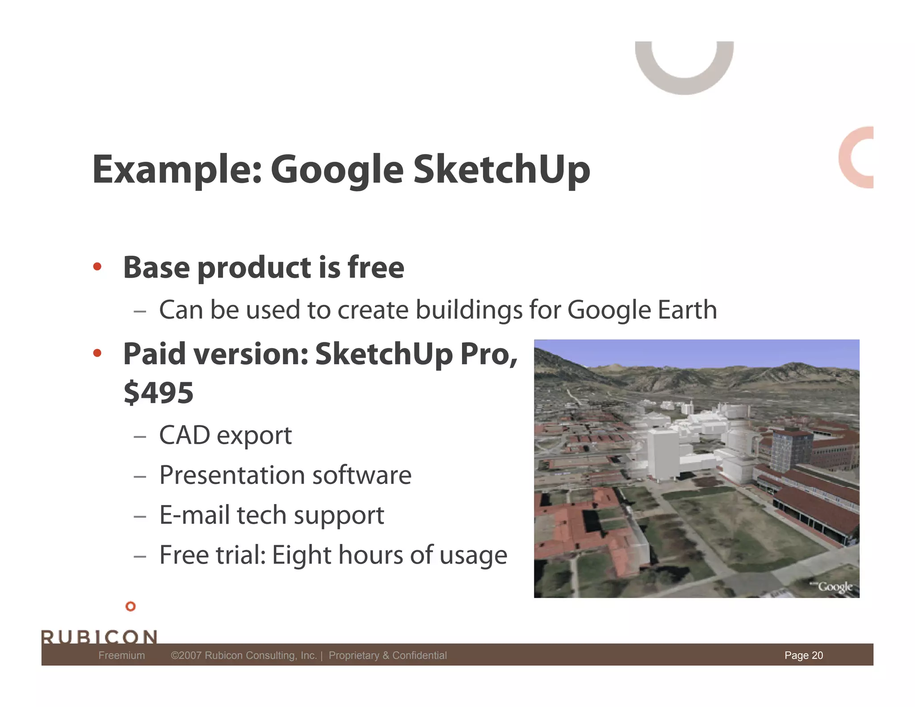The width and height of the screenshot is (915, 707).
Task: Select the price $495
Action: click(159, 393)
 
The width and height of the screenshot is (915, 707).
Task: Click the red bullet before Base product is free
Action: click(97, 267)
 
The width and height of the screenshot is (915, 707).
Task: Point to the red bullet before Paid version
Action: click(97, 353)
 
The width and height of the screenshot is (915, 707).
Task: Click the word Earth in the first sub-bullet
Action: click(687, 310)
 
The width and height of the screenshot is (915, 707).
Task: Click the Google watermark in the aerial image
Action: click(835, 586)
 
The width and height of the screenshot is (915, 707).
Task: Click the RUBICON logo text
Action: click(99, 636)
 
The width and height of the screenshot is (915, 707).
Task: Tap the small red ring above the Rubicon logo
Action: click(130, 606)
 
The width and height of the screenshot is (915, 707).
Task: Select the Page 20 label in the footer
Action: click(803, 655)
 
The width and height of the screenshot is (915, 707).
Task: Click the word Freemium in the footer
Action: click(122, 655)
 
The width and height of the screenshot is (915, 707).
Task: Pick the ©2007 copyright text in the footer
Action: click(243, 655)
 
